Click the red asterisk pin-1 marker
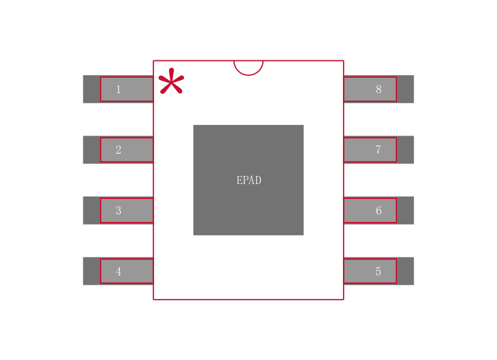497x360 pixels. (171, 82)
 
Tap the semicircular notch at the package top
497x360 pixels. (248, 67)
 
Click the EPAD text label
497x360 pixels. (248, 180)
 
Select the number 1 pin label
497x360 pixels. (118, 90)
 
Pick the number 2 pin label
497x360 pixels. (118, 150)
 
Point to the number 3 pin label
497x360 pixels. (118, 211)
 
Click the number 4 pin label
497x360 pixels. (118, 272)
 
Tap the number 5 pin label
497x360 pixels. (378, 272)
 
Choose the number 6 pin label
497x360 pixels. (378, 211)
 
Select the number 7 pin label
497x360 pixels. (378, 150)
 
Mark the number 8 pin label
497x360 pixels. (378, 90)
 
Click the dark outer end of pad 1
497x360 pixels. (91, 89)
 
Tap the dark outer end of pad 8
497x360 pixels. (405, 89)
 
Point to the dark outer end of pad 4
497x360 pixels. (91, 271)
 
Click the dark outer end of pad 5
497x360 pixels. (405, 271)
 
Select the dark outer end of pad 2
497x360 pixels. (91, 150)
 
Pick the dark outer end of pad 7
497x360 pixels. (405, 150)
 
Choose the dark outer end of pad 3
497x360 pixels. (91, 210)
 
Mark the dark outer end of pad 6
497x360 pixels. (405, 210)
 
